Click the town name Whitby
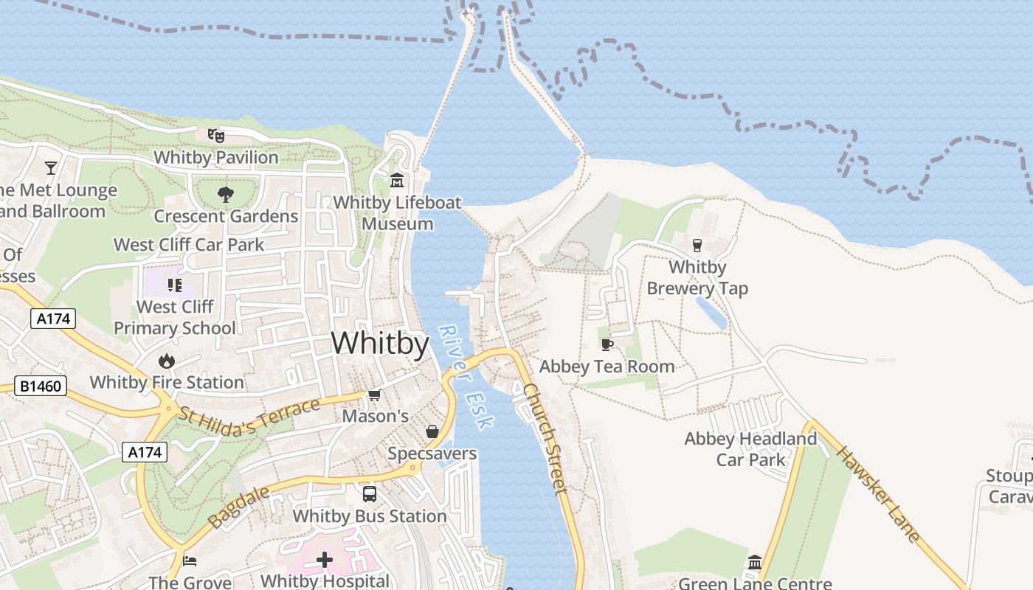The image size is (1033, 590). click(x=380, y=344)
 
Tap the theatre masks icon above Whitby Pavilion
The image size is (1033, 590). click(x=215, y=135)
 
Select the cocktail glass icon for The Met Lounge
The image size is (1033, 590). click(x=50, y=168)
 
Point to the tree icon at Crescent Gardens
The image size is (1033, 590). click(x=225, y=195)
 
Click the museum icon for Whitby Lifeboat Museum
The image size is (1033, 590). click(x=397, y=181)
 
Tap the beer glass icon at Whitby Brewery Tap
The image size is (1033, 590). click(x=697, y=246)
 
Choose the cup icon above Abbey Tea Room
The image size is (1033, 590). click(x=607, y=344)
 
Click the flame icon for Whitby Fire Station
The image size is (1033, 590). click(x=166, y=361)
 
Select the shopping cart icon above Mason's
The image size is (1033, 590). click(x=374, y=395)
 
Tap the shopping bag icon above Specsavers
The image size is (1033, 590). click(x=432, y=431)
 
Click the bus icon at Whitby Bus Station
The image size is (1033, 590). click(x=369, y=494)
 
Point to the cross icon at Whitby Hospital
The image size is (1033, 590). click(x=325, y=560)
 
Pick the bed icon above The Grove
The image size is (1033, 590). click(x=190, y=560)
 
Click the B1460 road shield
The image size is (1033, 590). click(x=41, y=386)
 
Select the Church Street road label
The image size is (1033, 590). click(x=547, y=438)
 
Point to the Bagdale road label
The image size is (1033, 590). click(x=229, y=507)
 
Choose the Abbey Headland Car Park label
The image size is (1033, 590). click(x=750, y=449)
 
